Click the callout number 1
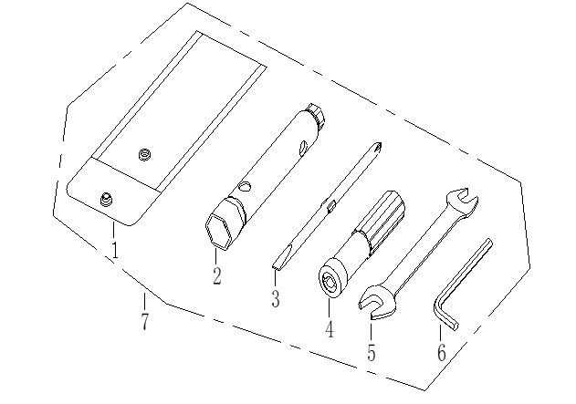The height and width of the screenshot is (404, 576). (115, 250)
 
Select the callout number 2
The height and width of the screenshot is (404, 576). (216, 275)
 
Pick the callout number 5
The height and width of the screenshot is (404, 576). (372, 352)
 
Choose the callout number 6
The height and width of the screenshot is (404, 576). (442, 352)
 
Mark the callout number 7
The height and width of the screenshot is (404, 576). (144, 320)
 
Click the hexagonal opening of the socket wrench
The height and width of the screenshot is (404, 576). (220, 232)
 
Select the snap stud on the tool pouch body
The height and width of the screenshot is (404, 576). (144, 156)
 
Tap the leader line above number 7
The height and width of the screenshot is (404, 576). (143, 302)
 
